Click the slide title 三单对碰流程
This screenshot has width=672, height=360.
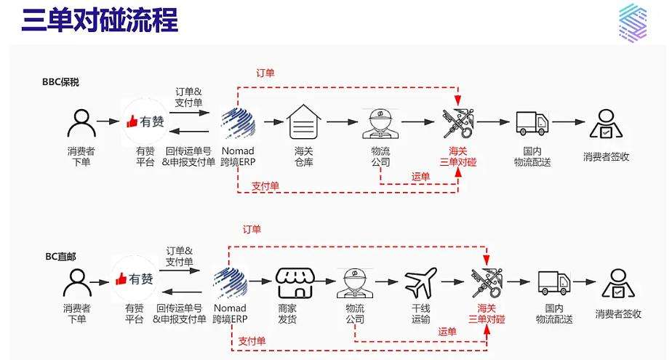click(x=100, y=21)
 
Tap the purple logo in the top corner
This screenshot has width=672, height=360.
click(x=632, y=21)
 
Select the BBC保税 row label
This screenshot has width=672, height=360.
click(x=60, y=82)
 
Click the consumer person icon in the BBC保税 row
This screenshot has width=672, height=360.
click(x=81, y=124)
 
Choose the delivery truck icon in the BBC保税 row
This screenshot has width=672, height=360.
click(x=531, y=124)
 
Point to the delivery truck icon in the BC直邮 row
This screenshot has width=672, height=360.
click(x=553, y=282)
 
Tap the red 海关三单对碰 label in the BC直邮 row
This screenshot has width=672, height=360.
click(x=487, y=313)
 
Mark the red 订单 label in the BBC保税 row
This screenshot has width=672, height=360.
click(x=265, y=73)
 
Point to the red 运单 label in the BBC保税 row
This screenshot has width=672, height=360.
click(x=420, y=176)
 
